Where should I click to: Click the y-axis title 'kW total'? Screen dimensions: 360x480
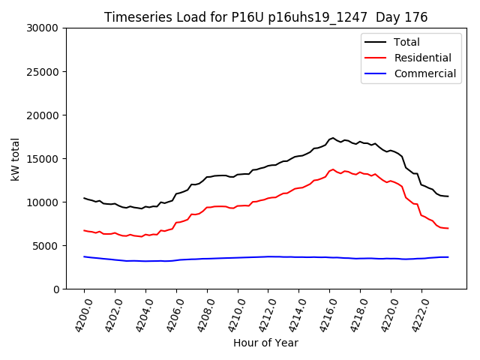click(16, 159)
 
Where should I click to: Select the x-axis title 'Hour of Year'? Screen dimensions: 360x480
click(265, 343)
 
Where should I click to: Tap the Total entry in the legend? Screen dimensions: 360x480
click(406, 42)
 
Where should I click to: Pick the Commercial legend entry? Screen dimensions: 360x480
click(424, 73)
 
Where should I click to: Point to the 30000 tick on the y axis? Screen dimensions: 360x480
click(43, 28)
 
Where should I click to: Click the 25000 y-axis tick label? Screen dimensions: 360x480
click(43, 72)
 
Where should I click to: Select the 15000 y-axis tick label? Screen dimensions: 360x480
click(43, 159)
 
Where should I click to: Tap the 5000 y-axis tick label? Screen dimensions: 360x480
click(46, 246)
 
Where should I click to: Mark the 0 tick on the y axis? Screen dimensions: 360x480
click(55, 289)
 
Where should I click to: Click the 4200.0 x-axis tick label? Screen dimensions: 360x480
click(78, 313)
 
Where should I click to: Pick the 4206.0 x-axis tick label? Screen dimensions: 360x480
click(170, 313)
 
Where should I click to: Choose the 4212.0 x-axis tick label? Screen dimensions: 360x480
click(262, 313)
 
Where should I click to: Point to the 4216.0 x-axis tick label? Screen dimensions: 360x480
click(323, 313)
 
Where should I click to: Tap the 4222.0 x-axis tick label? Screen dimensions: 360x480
click(415, 313)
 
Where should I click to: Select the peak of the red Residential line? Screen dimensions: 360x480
click(333, 169)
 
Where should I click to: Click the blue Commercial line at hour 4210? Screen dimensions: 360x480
click(238, 258)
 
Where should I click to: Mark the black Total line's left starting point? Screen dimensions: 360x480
click(84, 198)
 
